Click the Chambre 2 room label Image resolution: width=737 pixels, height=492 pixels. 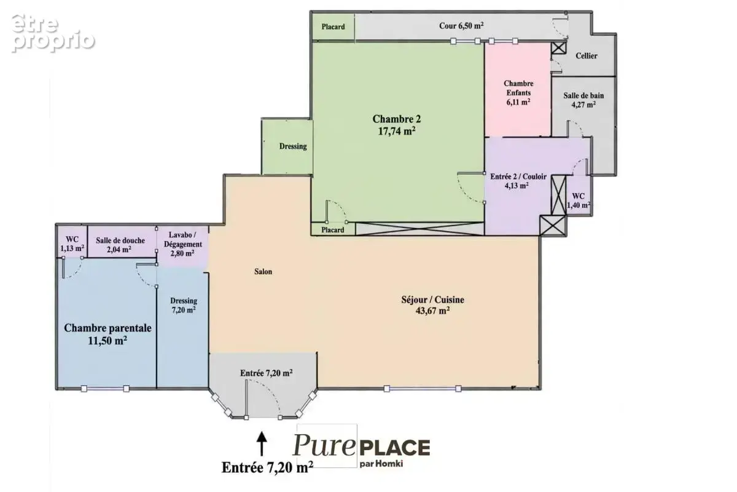point(397,119)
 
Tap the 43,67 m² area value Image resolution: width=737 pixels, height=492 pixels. point(432,311)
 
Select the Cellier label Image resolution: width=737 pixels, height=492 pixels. point(587,56)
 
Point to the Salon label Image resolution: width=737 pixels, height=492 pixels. point(263,272)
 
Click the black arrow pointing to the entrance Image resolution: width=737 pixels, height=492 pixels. point(262,443)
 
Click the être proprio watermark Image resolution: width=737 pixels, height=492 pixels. point(53,33)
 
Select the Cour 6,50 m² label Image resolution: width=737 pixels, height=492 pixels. point(461,26)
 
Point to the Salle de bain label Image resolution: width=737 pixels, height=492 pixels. point(583,95)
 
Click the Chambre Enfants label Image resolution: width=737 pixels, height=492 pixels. point(518,88)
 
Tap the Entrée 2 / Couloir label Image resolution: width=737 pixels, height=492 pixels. point(518,177)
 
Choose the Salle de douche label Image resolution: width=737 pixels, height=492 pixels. point(120,240)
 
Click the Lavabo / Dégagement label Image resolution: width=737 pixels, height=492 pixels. point(183,240)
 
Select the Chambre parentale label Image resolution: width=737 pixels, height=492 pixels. point(107,328)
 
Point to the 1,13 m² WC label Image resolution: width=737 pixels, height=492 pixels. point(72,244)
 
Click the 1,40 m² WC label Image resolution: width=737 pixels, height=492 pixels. point(578,200)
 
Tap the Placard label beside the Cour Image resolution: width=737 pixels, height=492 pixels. point(333,26)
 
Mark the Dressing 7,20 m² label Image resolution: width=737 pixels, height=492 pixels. point(184,306)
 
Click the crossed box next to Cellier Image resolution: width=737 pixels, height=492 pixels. point(559,48)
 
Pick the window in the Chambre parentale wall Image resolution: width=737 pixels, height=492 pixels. point(105,389)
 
